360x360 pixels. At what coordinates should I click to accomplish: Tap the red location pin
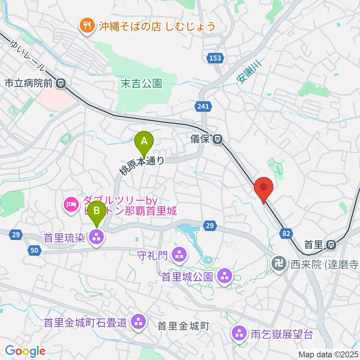click(x=265, y=187)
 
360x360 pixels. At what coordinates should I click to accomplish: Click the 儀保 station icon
click(x=217, y=140)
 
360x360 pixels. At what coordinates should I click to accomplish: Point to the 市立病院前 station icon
click(x=60, y=83)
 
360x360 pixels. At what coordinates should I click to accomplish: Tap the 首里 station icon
click(x=331, y=245)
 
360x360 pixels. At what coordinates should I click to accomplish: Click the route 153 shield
click(x=216, y=58)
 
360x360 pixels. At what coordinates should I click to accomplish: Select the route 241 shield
click(x=202, y=107)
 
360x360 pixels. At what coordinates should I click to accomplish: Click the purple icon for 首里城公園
click(x=225, y=277)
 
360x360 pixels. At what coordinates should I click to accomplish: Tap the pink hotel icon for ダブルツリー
click(x=71, y=204)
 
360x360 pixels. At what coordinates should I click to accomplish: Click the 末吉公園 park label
click(x=141, y=83)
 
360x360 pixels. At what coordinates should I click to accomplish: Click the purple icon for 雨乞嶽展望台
click(x=239, y=333)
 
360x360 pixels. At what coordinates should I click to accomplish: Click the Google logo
click(x=25, y=351)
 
